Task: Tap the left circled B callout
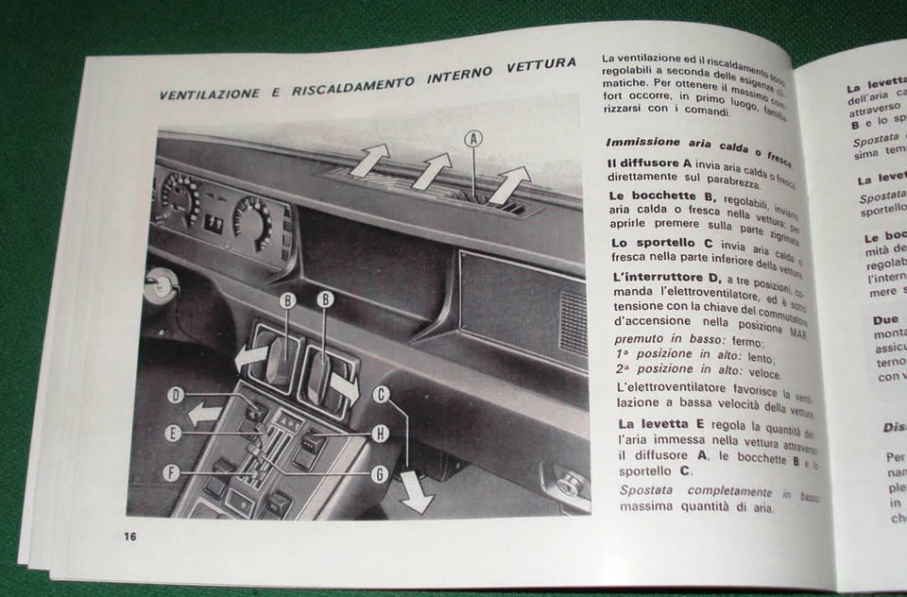coord(288,300)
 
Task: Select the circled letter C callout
coord(382,395)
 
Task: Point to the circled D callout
coord(175,396)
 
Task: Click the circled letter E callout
coord(174,434)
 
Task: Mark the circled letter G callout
coord(379,474)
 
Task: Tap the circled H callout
coord(379,434)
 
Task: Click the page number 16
coord(129,537)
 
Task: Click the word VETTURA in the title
coord(540,64)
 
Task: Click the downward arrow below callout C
coord(415,491)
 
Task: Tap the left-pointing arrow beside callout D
coord(205,413)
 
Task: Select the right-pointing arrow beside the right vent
coord(343,387)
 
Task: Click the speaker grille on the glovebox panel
coord(573,322)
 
